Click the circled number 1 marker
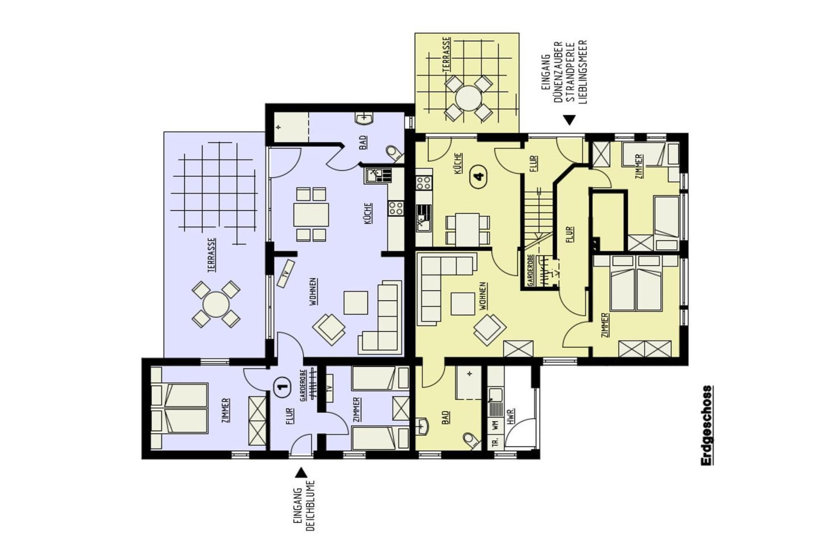tap(282, 386)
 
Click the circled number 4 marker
tap(479, 176)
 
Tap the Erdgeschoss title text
tap(707, 425)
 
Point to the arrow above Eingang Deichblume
tap(301, 473)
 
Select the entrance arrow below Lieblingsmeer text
tap(569, 120)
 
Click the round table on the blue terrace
tap(216, 304)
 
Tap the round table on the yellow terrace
tap(468, 98)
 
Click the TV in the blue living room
tap(286, 274)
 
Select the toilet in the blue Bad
tap(394, 153)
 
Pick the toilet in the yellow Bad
tap(472, 440)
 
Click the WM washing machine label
tap(495, 425)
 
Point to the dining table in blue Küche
tap(311, 215)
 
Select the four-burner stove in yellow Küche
tap(423, 183)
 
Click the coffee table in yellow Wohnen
tap(463, 304)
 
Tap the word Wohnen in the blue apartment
tap(313, 292)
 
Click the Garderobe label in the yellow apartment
tap(530, 270)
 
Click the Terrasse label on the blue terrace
tap(212, 255)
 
